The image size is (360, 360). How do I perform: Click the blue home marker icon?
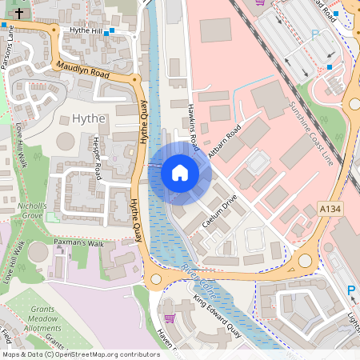(180, 172)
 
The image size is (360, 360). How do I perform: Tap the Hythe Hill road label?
(87, 30)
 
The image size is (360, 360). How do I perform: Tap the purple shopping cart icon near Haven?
(168, 318)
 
